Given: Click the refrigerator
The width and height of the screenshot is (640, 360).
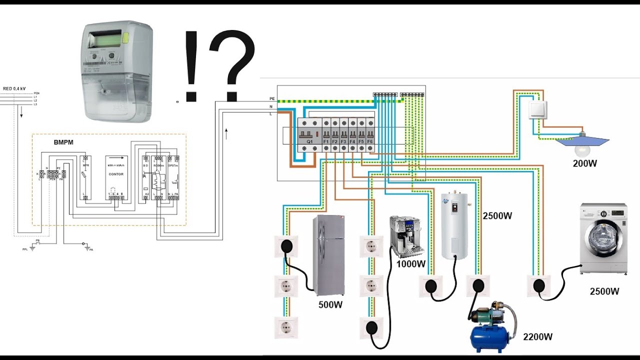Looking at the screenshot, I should (328, 255).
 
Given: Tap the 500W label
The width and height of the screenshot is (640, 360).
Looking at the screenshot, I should (330, 304).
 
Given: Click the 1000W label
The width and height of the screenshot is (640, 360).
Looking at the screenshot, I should (410, 264).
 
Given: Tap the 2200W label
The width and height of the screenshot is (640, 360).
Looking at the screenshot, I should (538, 337).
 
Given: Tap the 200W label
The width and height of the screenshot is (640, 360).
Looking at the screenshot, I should (585, 163).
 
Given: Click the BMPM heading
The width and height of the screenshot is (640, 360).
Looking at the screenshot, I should (63, 142).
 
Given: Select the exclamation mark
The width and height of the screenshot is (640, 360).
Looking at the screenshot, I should (190, 65).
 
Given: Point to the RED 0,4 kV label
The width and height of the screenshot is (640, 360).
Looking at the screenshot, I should (14, 88).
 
